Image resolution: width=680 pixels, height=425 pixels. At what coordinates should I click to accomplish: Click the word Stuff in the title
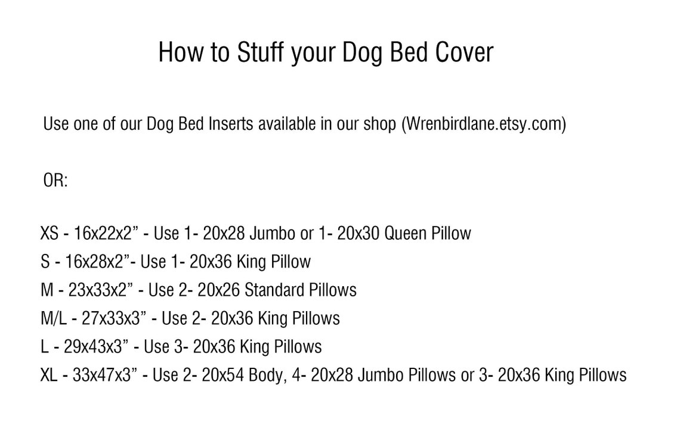[261, 52]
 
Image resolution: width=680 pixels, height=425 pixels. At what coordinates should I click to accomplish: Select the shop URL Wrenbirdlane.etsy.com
[483, 124]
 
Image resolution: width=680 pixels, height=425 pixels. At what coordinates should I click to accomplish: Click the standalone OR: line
[55, 181]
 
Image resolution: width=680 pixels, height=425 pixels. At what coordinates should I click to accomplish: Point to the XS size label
[50, 233]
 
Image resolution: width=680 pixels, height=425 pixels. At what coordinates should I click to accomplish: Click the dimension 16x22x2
[106, 233]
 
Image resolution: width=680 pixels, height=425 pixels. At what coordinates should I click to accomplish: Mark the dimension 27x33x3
[113, 318]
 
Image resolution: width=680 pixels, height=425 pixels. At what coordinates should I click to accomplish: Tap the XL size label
[50, 375]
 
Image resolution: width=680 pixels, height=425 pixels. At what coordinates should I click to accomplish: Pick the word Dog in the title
[363, 52]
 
